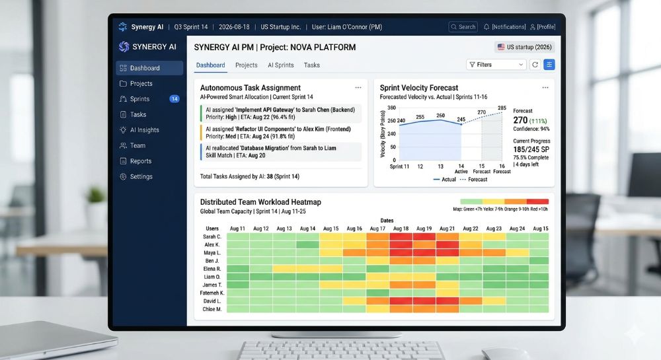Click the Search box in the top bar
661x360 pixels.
coord(463,27)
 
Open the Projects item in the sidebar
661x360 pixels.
coord(141,84)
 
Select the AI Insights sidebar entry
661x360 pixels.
coord(144,130)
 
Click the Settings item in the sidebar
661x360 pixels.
coord(141,177)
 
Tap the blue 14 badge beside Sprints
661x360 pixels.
coord(175,99)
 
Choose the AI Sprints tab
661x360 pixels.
coord(280,65)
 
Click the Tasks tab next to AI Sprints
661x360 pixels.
coord(311,65)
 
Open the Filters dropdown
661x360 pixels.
coord(496,65)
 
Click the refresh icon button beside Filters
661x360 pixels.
coord(535,65)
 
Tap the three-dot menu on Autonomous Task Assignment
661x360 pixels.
coord(358,87)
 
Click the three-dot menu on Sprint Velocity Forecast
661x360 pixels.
coord(545,87)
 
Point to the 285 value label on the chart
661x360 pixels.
coord(502,108)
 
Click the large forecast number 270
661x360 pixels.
coord(521,120)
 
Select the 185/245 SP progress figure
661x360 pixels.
coord(531,150)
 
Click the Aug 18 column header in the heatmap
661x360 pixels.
coord(401,229)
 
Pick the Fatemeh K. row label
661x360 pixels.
coord(213,293)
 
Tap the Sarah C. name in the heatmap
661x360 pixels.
coord(212,236)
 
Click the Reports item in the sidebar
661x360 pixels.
coord(140,161)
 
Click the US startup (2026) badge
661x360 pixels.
coord(524,47)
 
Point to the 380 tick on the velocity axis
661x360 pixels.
coord(391,107)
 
